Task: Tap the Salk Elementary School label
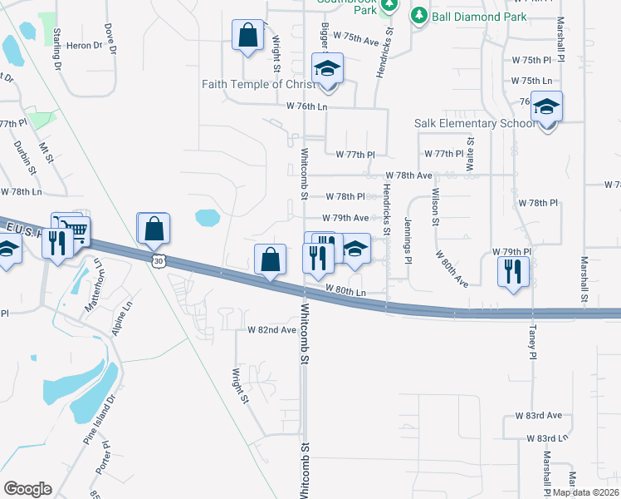(x=475, y=124)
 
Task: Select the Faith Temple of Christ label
(x=258, y=84)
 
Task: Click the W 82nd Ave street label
(x=271, y=330)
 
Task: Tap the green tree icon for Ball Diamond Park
(x=419, y=16)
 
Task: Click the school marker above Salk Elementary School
(x=547, y=107)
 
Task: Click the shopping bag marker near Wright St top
(x=248, y=37)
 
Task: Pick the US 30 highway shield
(x=158, y=261)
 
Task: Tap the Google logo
(x=27, y=488)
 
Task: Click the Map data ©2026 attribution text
(x=584, y=492)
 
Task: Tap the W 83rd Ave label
(x=544, y=415)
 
